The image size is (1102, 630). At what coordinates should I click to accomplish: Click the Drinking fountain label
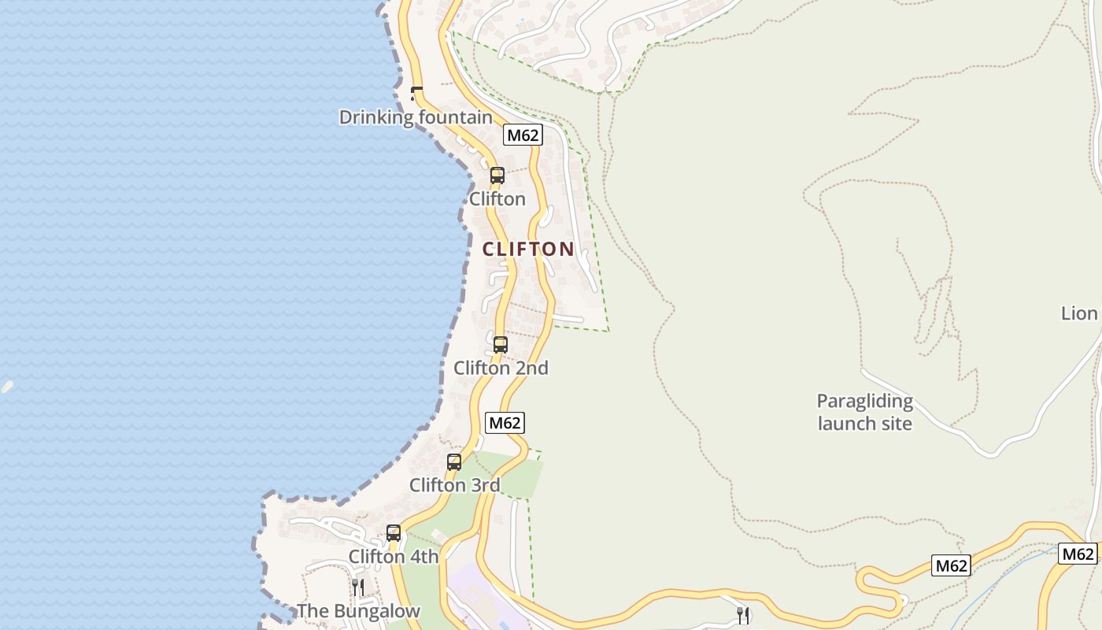(416, 117)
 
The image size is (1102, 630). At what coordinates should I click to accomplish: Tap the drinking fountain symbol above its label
(416, 94)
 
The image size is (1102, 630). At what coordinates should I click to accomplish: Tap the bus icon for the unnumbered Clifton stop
(497, 175)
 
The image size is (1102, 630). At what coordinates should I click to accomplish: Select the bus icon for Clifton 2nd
(501, 344)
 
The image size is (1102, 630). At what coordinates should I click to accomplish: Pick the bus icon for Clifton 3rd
(454, 462)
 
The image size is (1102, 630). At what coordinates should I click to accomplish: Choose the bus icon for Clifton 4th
(394, 533)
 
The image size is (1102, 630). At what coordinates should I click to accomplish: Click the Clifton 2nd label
(501, 368)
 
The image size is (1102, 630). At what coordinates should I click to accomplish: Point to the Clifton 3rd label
(454, 485)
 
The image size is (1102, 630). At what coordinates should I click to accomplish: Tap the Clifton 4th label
(394, 557)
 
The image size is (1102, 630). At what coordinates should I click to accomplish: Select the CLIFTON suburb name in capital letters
(528, 249)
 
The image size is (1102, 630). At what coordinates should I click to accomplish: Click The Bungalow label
(358, 611)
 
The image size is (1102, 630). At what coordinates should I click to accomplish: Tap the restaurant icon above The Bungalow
(357, 587)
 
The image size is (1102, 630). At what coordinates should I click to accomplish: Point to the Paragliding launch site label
(864, 412)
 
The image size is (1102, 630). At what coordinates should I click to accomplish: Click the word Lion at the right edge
(1079, 313)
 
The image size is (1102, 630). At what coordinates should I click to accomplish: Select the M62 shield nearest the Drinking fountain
(523, 135)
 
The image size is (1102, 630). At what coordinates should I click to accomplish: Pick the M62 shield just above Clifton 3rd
(505, 423)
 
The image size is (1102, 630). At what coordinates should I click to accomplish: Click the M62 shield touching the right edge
(1077, 554)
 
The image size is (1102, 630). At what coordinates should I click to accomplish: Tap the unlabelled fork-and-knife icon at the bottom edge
(742, 616)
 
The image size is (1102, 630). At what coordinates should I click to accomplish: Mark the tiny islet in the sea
(7, 387)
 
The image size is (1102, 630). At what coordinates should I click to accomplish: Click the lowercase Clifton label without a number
(497, 198)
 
